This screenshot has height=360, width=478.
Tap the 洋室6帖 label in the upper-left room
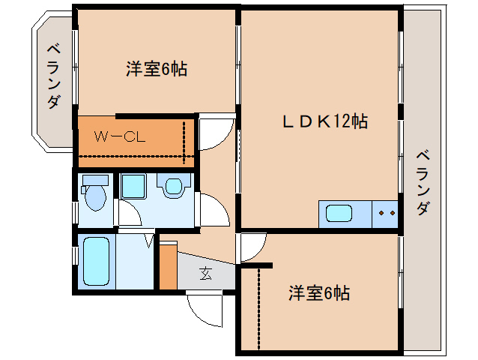156,70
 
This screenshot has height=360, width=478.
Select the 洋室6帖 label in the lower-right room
318,292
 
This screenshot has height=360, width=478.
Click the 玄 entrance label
205,273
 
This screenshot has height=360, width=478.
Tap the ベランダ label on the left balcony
53,76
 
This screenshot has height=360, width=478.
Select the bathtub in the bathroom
96,261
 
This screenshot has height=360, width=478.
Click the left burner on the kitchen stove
382,214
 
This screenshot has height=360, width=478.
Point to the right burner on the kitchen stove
391,214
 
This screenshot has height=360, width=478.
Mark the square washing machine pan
135,186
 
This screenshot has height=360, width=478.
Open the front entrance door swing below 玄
205,307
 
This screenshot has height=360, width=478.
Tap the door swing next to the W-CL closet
215,133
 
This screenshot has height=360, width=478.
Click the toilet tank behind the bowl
94,181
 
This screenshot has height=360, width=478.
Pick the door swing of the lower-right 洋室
253,247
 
